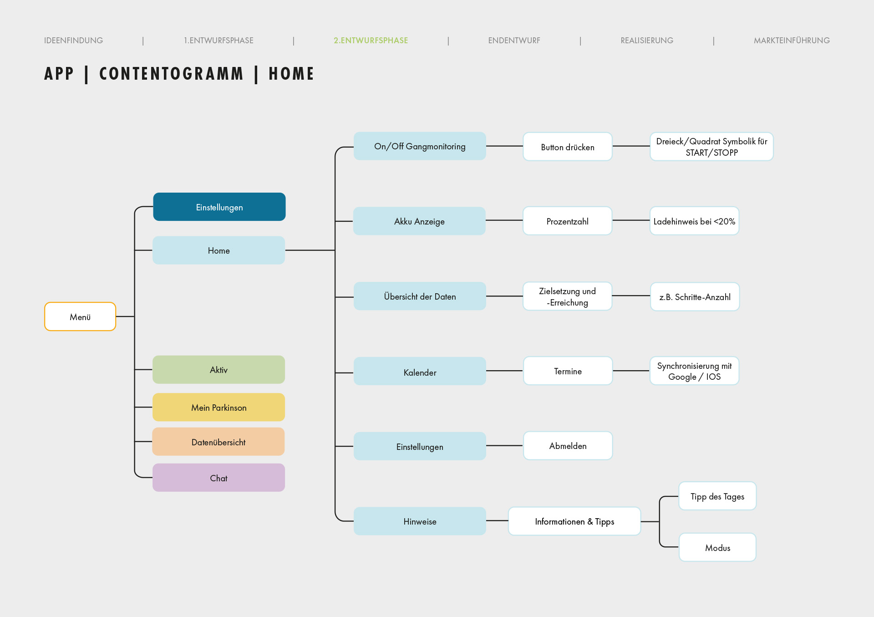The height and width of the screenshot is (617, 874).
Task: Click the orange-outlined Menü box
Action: tap(80, 316)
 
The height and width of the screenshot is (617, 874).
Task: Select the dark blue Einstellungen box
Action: tap(219, 207)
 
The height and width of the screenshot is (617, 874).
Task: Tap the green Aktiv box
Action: tap(218, 369)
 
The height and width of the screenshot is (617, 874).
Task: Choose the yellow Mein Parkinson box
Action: tap(218, 407)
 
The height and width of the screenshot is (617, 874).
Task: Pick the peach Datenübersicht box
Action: tap(218, 442)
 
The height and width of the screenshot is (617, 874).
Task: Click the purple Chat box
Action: tap(218, 478)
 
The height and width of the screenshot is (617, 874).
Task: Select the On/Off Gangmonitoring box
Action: tap(420, 146)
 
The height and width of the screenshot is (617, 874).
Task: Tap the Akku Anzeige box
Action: tap(419, 221)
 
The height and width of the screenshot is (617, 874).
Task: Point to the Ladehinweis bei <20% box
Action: tap(694, 221)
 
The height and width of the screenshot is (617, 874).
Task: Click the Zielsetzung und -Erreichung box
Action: tap(567, 296)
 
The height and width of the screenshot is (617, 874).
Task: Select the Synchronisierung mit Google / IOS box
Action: tap(694, 371)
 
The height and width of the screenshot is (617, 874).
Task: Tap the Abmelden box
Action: tap(568, 446)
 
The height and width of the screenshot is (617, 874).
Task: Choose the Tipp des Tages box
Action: tap(717, 496)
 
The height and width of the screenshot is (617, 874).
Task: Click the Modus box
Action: tap(717, 547)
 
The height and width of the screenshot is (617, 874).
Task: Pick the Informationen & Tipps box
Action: tap(574, 521)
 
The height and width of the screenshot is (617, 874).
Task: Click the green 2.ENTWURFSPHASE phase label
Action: tap(371, 41)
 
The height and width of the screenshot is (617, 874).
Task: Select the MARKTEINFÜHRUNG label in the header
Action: tap(792, 41)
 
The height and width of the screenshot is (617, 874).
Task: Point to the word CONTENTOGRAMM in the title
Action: tap(172, 74)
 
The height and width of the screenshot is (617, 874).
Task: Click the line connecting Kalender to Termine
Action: tap(504, 371)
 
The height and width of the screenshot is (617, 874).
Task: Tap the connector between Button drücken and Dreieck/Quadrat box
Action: tap(631, 146)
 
